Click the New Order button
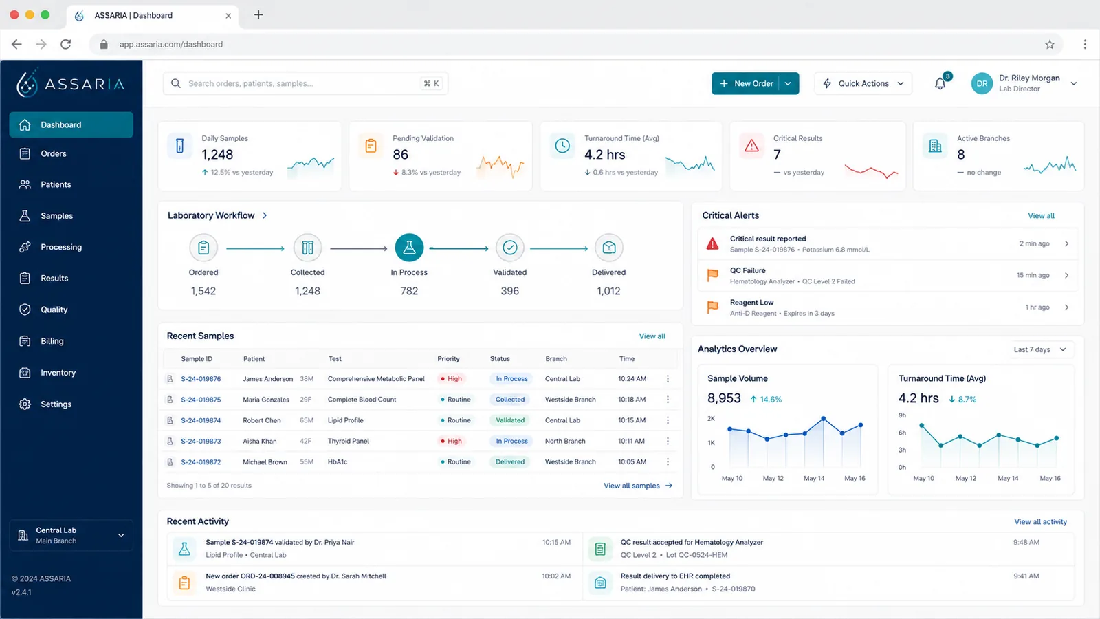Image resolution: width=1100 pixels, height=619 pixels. pyautogui.click(x=746, y=83)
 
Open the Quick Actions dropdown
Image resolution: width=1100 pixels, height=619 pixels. pyautogui.click(x=863, y=83)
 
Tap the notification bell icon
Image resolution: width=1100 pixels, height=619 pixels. pyautogui.click(x=940, y=83)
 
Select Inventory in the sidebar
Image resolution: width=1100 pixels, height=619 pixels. pyautogui.click(x=58, y=372)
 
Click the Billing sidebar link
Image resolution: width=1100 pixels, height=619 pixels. pyautogui.click(x=52, y=341)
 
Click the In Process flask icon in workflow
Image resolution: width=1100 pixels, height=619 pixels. pyautogui.click(x=409, y=248)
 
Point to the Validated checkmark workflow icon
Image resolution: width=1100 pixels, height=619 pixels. pyautogui.click(x=509, y=248)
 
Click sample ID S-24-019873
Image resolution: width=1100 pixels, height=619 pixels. pyautogui.click(x=201, y=441)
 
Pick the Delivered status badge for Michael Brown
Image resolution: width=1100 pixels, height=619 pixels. pyautogui.click(x=509, y=461)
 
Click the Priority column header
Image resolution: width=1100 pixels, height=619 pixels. pyautogui.click(x=448, y=358)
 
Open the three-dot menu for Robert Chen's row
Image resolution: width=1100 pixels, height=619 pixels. pyautogui.click(x=668, y=420)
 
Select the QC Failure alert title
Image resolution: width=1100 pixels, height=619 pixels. pyautogui.click(x=747, y=270)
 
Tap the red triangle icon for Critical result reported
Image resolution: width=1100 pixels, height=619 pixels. pyautogui.click(x=712, y=243)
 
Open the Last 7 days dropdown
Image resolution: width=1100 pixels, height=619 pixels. pyautogui.click(x=1039, y=349)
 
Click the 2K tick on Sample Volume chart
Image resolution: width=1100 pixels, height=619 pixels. pyautogui.click(x=711, y=419)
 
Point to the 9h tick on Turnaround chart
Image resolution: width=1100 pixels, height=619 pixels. pyautogui.click(x=902, y=415)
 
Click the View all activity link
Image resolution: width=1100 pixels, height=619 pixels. pyautogui.click(x=1040, y=522)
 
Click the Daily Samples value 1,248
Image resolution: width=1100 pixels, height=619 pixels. pyautogui.click(x=217, y=155)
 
